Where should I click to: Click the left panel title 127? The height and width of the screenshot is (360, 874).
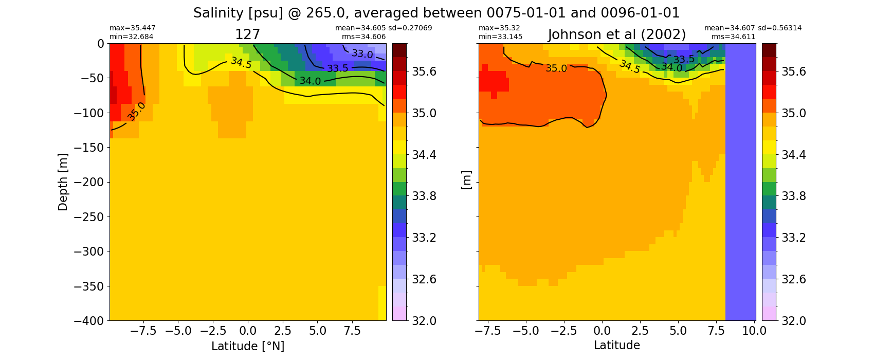(x=247, y=34)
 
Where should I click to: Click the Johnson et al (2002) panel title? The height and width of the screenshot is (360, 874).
(x=617, y=34)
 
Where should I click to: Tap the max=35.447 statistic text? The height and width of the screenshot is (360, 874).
(x=132, y=28)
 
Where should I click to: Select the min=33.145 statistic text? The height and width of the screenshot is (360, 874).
(x=500, y=37)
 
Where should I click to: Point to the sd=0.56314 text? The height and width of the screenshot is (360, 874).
(x=779, y=28)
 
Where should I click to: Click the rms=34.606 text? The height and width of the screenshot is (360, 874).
(x=363, y=37)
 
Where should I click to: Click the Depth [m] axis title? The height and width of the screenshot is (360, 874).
(x=63, y=182)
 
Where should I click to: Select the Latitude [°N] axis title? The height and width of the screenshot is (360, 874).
(x=248, y=346)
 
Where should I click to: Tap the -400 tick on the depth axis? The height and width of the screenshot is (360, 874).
(x=89, y=320)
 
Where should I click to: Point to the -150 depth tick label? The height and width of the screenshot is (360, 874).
(x=89, y=148)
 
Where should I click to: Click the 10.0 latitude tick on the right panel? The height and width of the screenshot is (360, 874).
(x=754, y=331)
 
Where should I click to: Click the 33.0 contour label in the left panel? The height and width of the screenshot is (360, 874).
(x=362, y=53)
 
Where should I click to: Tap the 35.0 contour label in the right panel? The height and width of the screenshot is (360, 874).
(x=556, y=68)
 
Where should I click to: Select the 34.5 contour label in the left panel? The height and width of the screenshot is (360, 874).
(x=241, y=62)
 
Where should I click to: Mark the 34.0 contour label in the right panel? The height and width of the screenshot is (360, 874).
(x=671, y=67)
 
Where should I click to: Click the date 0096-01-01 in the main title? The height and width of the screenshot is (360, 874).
(x=640, y=13)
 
